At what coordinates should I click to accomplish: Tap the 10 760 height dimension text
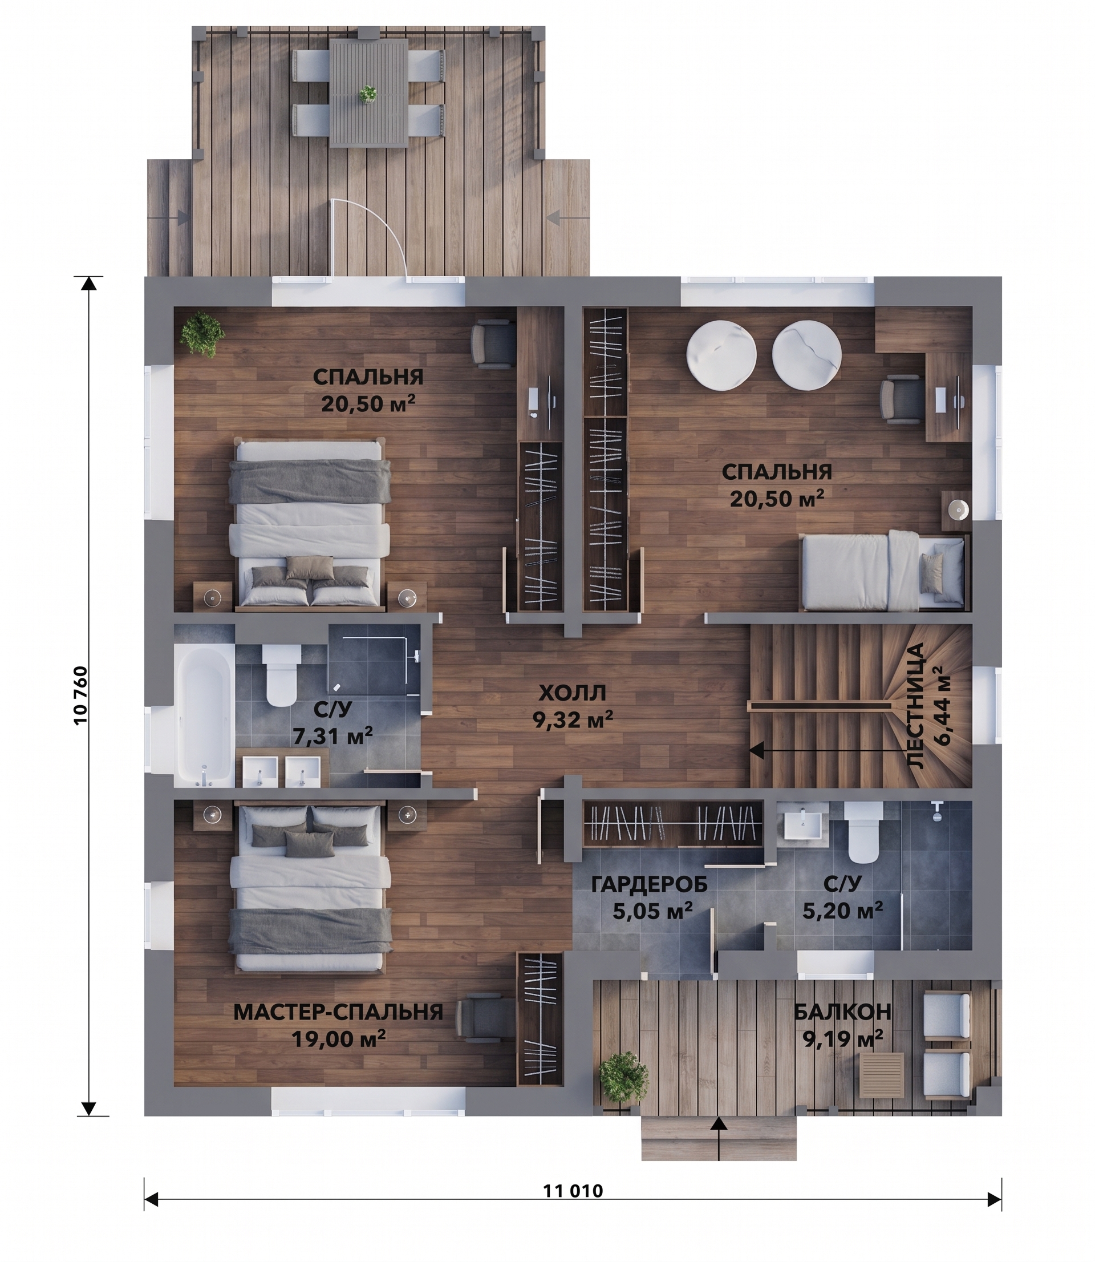pyautogui.click(x=81, y=695)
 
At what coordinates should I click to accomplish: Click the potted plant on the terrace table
pyautogui.click(x=368, y=94)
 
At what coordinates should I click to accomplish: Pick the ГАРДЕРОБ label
pyautogui.click(x=650, y=884)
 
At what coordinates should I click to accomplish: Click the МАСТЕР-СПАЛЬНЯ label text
pyautogui.click(x=338, y=1012)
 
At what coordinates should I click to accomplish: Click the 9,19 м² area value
pyautogui.click(x=843, y=1038)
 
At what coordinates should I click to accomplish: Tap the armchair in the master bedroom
pyautogui.click(x=486, y=1015)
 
